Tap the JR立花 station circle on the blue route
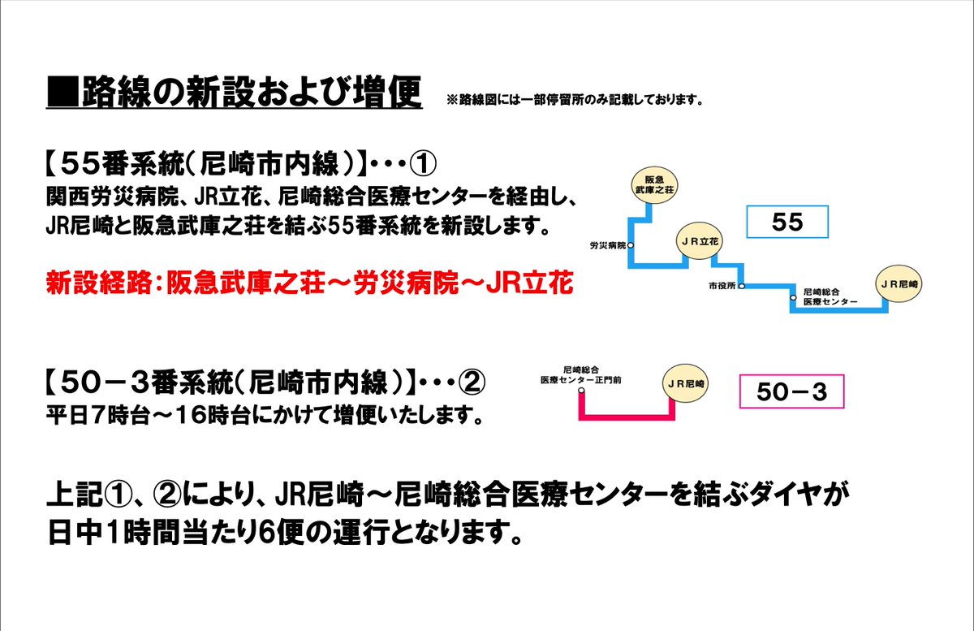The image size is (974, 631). [x=700, y=241]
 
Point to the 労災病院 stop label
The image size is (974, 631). [x=609, y=244]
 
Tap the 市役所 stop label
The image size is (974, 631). [x=722, y=286]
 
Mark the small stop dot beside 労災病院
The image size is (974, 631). [x=631, y=244]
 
